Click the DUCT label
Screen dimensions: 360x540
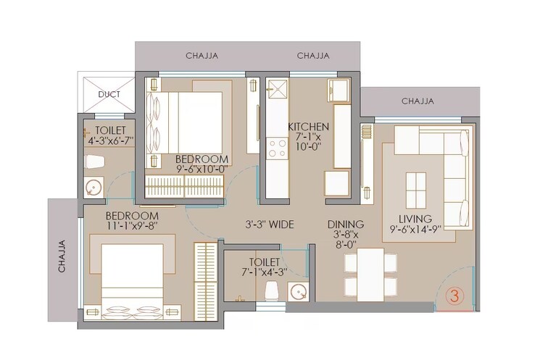point(109,94)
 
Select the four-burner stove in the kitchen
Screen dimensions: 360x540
point(277,148)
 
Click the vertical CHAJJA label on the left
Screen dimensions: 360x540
point(62,256)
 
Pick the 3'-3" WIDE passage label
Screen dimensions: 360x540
point(269,225)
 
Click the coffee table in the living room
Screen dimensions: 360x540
point(416,189)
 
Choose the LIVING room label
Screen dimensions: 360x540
point(415,218)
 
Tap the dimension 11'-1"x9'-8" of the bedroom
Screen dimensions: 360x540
point(132,226)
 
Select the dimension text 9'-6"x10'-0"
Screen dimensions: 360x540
point(202,169)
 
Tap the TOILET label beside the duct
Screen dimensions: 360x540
point(110,130)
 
